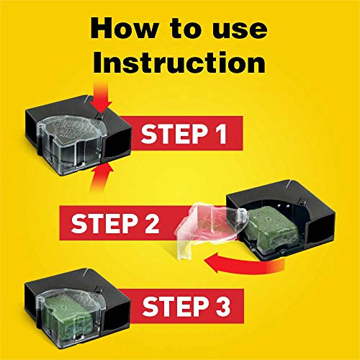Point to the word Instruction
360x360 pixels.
click(179, 63)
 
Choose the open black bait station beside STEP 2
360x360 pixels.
click(288, 216)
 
